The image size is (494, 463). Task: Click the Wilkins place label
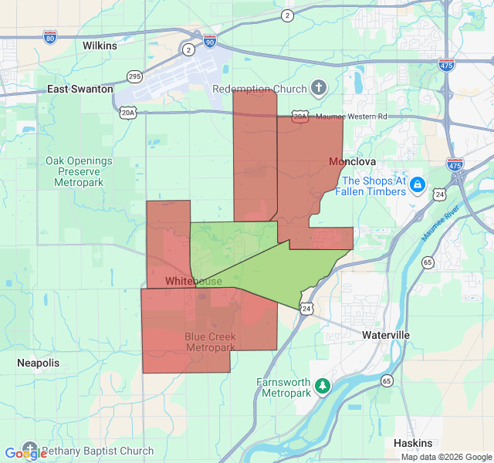coord(100,46)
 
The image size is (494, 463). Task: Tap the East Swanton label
coord(80,90)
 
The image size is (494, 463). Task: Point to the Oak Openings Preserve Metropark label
coord(79,171)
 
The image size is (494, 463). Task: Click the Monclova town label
coord(352,161)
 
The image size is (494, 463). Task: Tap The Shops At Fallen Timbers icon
coord(418,185)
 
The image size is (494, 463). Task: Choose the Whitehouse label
coord(193,282)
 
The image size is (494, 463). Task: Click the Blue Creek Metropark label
coord(210,342)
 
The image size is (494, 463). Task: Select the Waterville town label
coord(386,335)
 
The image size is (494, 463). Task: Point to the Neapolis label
coord(38,363)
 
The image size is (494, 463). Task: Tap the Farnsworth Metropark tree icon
coord(323,385)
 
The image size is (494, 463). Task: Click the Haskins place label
coord(413,444)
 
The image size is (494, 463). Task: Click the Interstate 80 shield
coord(49,37)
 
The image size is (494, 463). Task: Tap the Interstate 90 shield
coord(210,39)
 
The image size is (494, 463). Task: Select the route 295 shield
coord(135,76)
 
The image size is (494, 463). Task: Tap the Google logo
coord(25,454)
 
